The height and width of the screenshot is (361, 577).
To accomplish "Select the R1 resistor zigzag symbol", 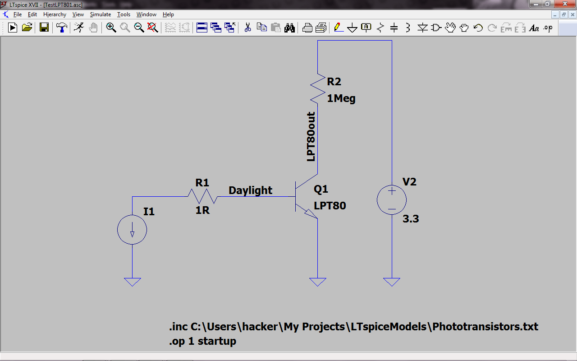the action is (x=202, y=196).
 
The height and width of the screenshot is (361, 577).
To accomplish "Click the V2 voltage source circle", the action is (x=392, y=200).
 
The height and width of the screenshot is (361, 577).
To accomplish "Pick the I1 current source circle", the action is (x=132, y=230).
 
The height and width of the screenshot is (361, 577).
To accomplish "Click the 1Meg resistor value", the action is (x=341, y=98).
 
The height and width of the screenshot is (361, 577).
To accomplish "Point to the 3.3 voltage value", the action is (x=411, y=219).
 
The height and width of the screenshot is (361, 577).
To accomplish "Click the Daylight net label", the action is (x=250, y=190).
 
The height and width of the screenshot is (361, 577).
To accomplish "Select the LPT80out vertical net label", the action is (x=311, y=137).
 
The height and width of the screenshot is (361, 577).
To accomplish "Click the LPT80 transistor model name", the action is (x=330, y=206).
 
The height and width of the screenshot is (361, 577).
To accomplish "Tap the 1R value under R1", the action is (x=202, y=210).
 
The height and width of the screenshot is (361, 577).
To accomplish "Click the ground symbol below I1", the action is (x=133, y=282).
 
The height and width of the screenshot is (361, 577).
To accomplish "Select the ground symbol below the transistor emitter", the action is (x=318, y=282).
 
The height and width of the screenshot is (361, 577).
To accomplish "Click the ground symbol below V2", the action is (x=392, y=282).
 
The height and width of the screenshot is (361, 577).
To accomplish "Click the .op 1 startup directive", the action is (x=202, y=341).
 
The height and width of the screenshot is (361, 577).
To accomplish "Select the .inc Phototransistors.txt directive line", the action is (x=353, y=326).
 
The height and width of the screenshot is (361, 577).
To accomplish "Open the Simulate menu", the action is (x=100, y=14).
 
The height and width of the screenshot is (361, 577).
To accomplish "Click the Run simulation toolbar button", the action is (x=13, y=28).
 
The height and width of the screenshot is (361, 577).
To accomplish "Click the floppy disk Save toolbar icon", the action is (x=44, y=28).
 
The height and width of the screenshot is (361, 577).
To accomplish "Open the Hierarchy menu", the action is (x=55, y=14).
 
